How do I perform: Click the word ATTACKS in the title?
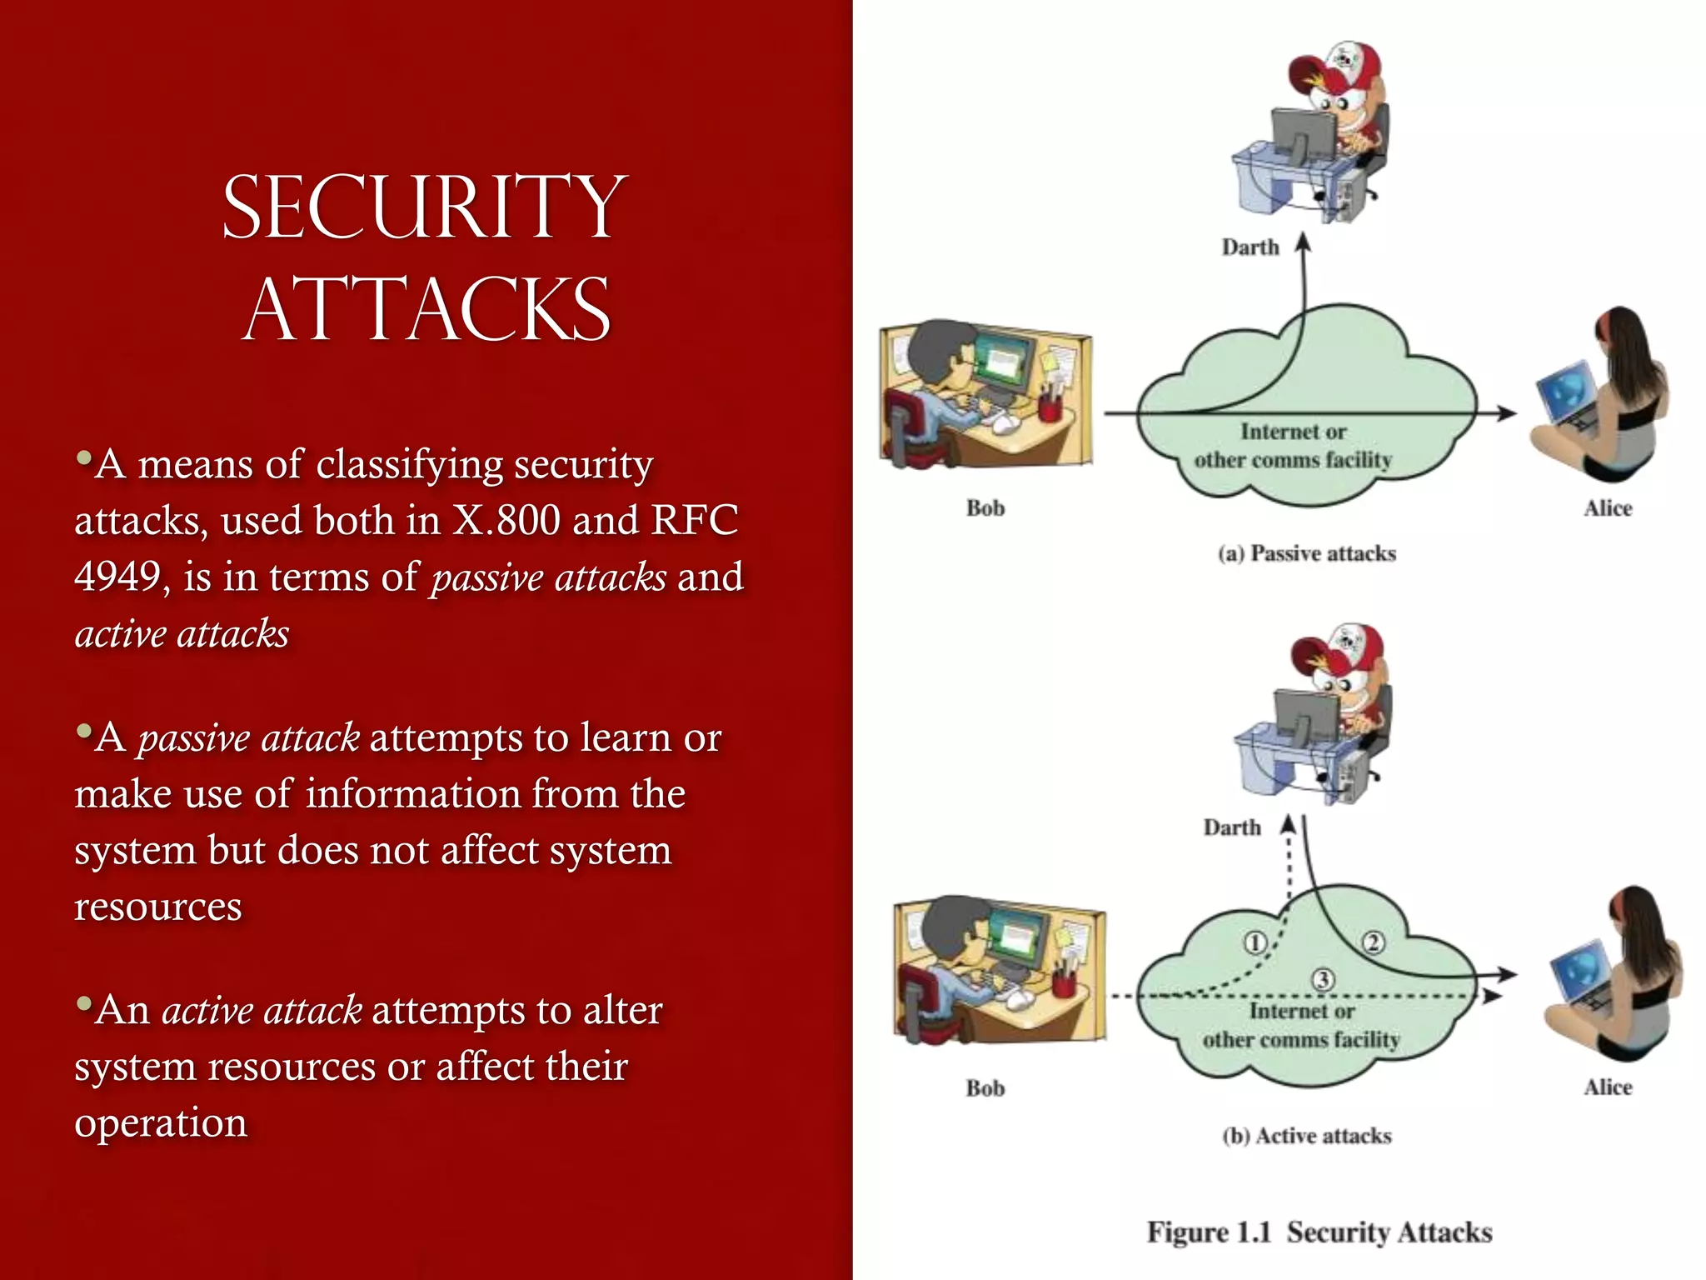click(x=426, y=310)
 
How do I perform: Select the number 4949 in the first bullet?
click(x=117, y=577)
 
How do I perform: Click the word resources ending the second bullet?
click(x=157, y=907)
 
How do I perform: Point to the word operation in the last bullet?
click(x=161, y=1123)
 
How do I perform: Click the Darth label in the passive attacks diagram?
click(x=1250, y=247)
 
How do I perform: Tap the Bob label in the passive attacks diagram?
click(x=985, y=508)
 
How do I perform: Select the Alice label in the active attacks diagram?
click(x=1608, y=1087)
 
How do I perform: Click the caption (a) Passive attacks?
click(x=1306, y=554)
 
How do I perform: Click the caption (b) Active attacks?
click(x=1306, y=1137)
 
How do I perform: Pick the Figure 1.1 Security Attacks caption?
click(x=1319, y=1232)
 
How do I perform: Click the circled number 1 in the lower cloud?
click(x=1255, y=942)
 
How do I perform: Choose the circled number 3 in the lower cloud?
click(x=1323, y=979)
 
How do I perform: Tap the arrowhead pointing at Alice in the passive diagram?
click(x=1506, y=412)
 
